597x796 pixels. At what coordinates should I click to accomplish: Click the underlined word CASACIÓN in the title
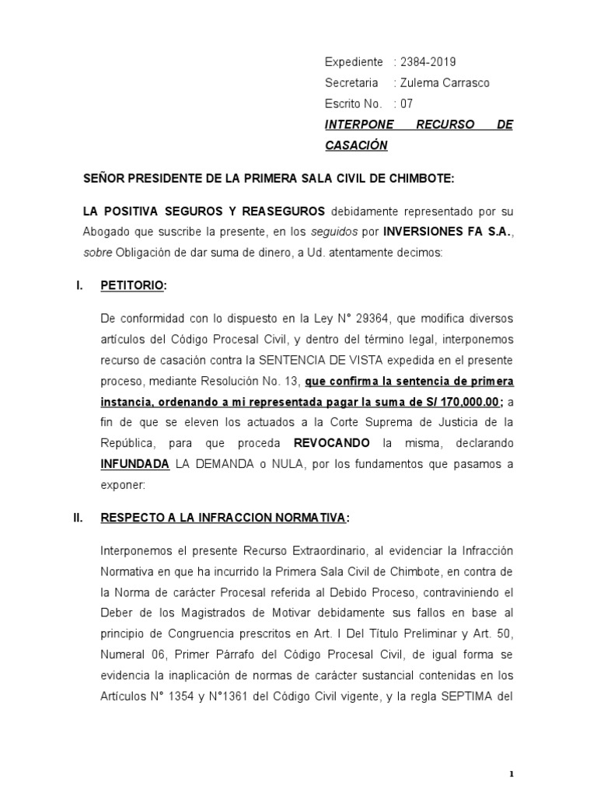355,145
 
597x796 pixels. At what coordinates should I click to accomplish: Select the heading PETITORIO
132,285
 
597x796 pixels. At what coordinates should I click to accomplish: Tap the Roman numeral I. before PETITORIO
79,285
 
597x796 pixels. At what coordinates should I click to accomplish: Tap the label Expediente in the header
354,62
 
